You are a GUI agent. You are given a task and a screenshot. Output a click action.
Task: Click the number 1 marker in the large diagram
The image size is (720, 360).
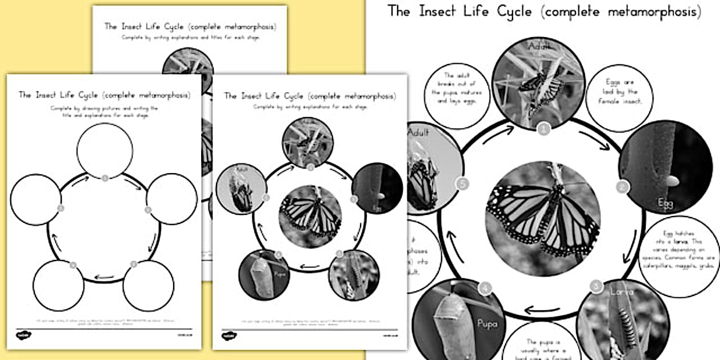pyautogui.click(x=544, y=130)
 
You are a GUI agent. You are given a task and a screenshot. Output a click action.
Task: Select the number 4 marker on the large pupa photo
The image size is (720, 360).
pyautogui.click(x=486, y=290)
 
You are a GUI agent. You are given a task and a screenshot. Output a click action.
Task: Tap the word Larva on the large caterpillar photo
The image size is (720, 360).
pyautogui.click(x=621, y=292)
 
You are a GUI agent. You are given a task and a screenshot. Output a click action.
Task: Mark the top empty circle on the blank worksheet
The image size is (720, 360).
pyautogui.click(x=105, y=151)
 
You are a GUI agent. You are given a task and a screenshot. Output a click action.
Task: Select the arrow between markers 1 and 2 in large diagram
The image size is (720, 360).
pyautogui.click(x=594, y=140)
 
